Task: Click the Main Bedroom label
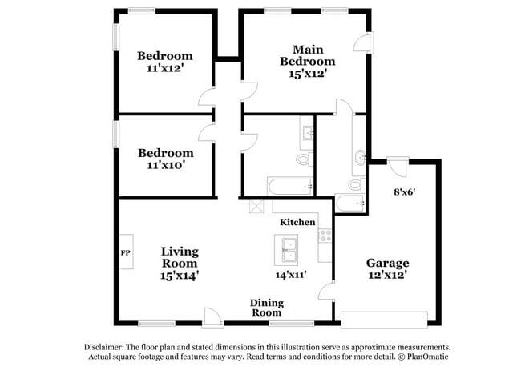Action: (x=307, y=55)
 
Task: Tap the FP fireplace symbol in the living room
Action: (x=126, y=252)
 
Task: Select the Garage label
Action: (x=387, y=263)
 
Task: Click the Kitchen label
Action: (x=297, y=221)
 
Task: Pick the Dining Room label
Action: (x=266, y=308)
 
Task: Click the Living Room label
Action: (x=180, y=257)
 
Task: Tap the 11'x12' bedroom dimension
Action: (x=165, y=69)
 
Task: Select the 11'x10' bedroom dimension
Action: (x=166, y=166)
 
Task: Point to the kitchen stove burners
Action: (x=325, y=236)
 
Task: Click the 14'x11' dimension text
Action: (x=292, y=275)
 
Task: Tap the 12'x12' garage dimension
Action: (x=387, y=276)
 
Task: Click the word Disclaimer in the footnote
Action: (x=107, y=347)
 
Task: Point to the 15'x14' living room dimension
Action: (x=180, y=275)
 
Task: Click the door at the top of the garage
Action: (x=398, y=167)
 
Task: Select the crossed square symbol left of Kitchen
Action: (x=257, y=206)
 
